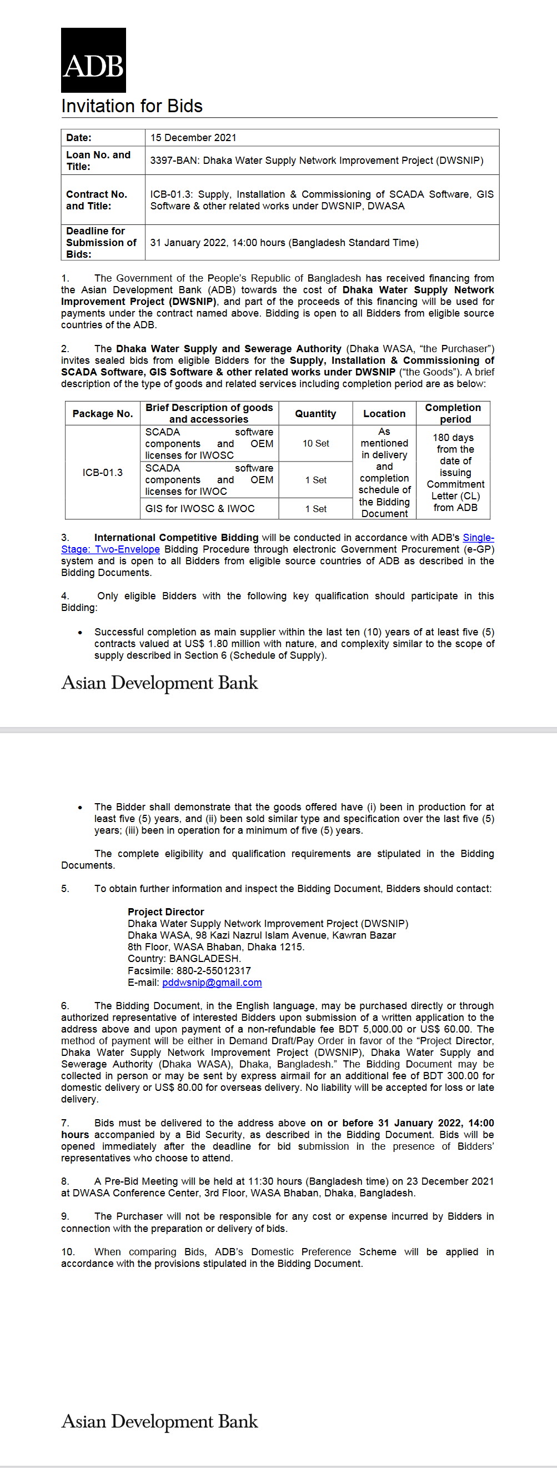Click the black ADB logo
93,61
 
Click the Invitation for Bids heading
132,106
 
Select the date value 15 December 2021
193,138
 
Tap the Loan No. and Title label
98,161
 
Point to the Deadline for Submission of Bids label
101,242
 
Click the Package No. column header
103,414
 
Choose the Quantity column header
315,414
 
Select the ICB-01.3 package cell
103,473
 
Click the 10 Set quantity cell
315,443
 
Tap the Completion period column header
453,413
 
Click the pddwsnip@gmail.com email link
212,983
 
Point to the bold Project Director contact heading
165,912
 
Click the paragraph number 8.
65,1181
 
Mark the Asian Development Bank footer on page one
159,683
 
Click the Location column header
384,414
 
